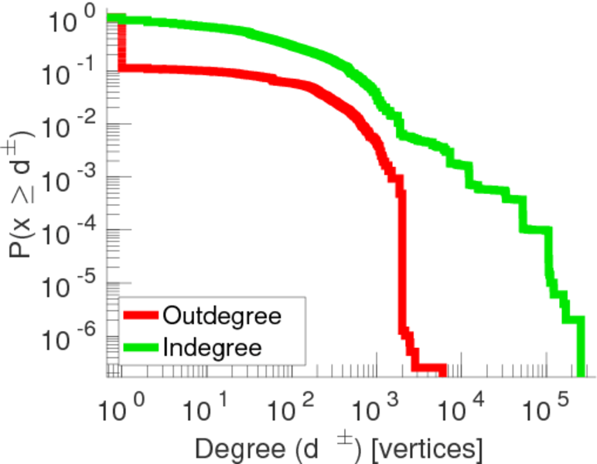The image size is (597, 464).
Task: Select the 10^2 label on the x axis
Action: (292, 405)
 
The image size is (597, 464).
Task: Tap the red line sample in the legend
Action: (141, 316)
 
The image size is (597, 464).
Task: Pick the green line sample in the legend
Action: (141, 348)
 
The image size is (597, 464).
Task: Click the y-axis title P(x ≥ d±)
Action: (26, 193)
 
